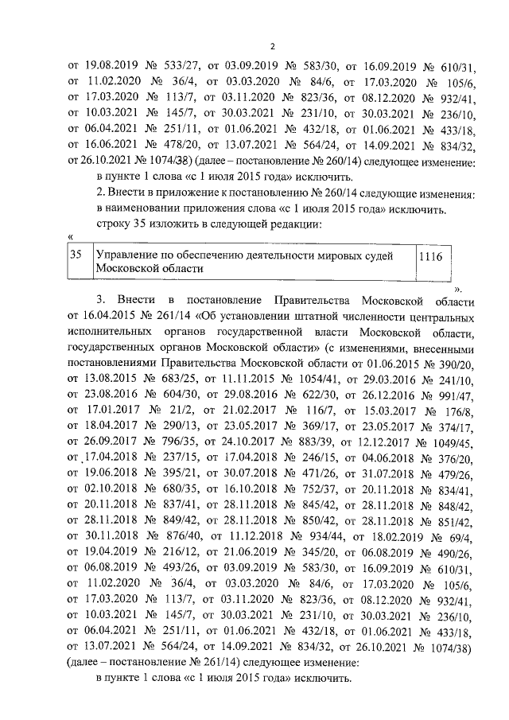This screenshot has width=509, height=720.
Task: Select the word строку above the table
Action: [x=115, y=224]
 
